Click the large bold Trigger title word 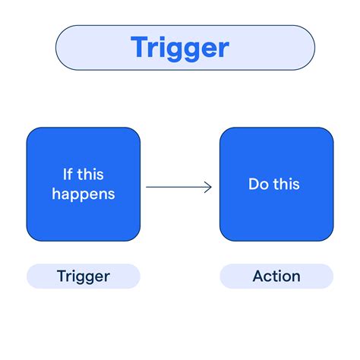point(179,47)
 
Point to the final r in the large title point(223,50)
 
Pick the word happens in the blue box point(84,194)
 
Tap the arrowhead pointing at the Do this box point(209,186)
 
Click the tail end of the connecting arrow point(147,186)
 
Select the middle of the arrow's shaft point(178,186)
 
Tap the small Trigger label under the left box point(84,276)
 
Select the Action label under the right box point(276,276)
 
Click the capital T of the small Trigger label point(62,276)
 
